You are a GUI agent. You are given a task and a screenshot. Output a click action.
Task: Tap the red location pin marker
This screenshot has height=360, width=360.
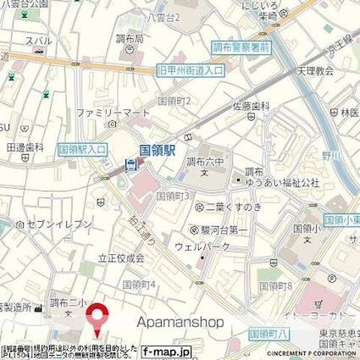pos(96,319)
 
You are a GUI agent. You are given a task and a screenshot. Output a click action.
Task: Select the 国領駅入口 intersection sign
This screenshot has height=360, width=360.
pos(82,149)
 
